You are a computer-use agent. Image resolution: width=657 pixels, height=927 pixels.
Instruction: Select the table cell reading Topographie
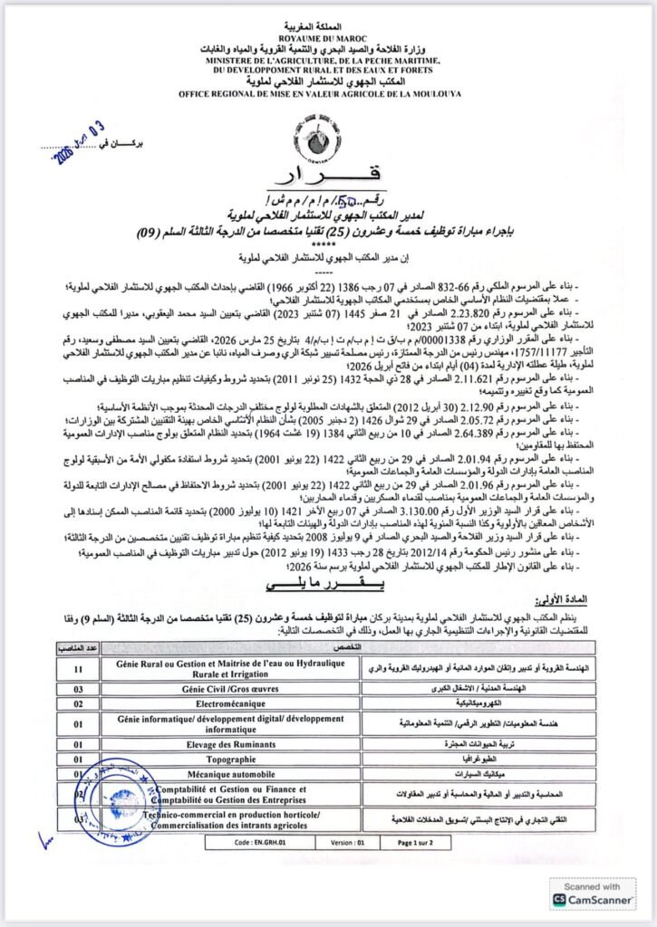pos(237,760)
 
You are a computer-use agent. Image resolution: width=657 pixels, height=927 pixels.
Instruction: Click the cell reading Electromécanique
pos(237,702)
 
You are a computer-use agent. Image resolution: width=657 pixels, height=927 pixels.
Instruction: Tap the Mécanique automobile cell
pos(237,775)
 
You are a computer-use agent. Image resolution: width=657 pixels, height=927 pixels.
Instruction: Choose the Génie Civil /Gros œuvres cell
pos(237,688)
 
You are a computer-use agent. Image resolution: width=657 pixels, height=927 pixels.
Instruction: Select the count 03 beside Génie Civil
pos(80,688)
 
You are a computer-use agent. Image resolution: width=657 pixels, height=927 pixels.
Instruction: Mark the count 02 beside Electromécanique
pos(80,702)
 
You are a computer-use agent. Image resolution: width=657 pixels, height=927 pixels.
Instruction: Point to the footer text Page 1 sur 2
pos(420,841)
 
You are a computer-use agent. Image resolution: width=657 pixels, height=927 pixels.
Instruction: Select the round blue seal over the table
pos(116,800)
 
